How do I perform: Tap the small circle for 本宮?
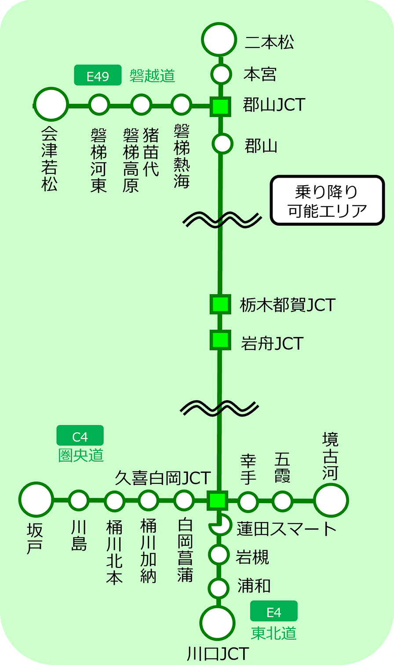(x=221, y=74)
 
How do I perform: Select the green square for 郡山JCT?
(x=220, y=106)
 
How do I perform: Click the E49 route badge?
(x=98, y=76)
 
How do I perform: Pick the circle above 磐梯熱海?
(x=181, y=105)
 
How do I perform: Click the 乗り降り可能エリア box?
(x=327, y=201)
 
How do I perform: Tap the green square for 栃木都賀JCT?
(x=220, y=304)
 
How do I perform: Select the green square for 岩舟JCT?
(x=220, y=340)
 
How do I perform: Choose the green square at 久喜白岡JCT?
(x=217, y=500)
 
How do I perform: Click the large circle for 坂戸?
(x=36, y=499)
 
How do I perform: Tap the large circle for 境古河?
(x=331, y=500)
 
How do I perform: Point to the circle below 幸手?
(x=248, y=501)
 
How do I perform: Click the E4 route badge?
(x=274, y=611)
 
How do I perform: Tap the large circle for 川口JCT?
(x=218, y=623)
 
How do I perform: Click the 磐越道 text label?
(x=152, y=76)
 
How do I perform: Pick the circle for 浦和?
(x=219, y=588)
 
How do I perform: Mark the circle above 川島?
(x=79, y=500)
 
